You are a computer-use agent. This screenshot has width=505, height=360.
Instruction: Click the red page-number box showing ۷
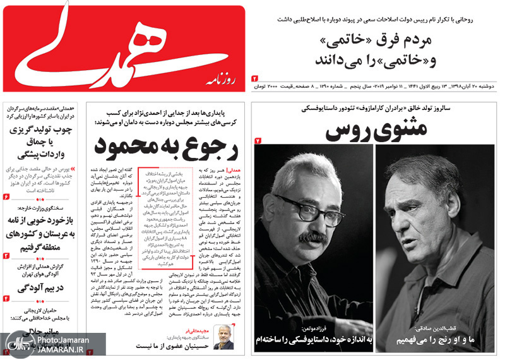click(x=258, y=140)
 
